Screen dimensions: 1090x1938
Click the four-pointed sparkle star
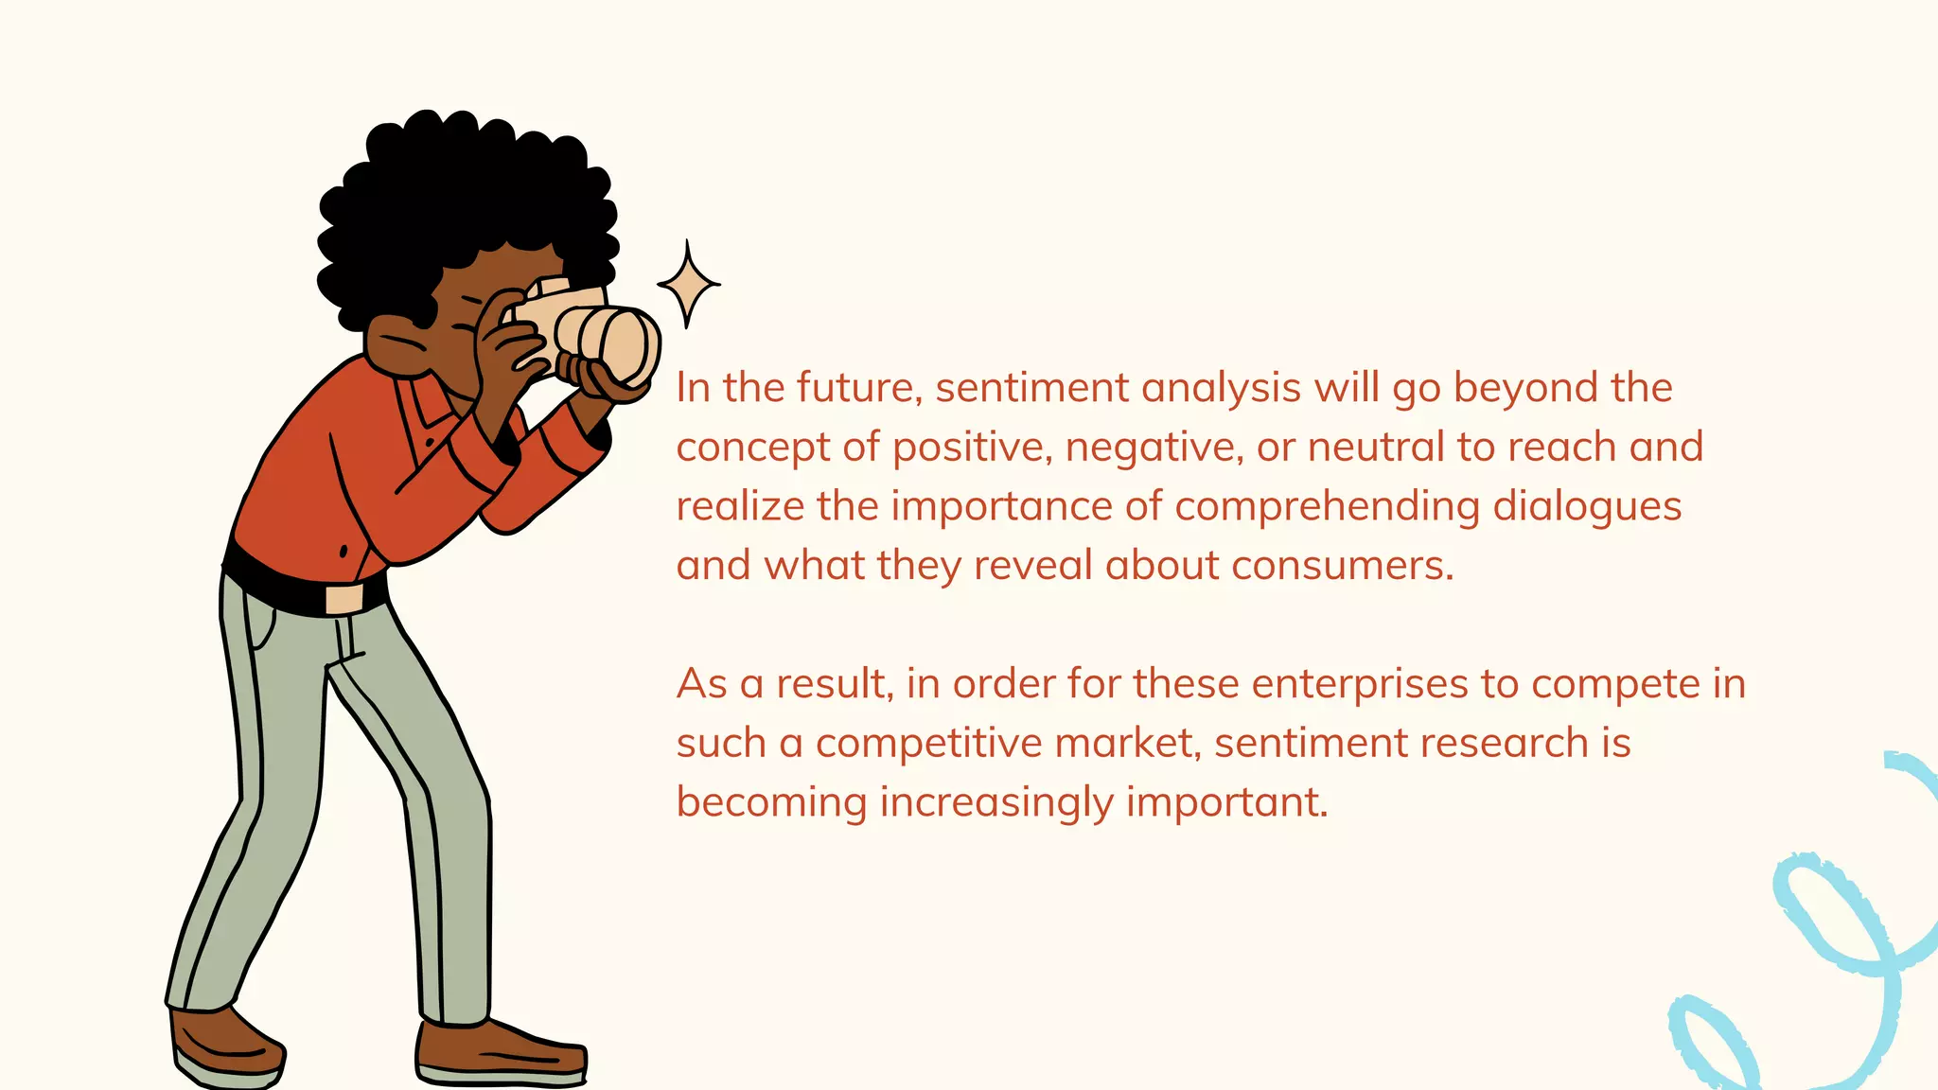(688, 283)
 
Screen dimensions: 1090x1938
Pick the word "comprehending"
(1327, 507)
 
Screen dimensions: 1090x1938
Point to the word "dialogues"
(1587, 507)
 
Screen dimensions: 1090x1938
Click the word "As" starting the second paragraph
(701, 684)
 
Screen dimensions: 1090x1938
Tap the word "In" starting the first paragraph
(693, 388)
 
